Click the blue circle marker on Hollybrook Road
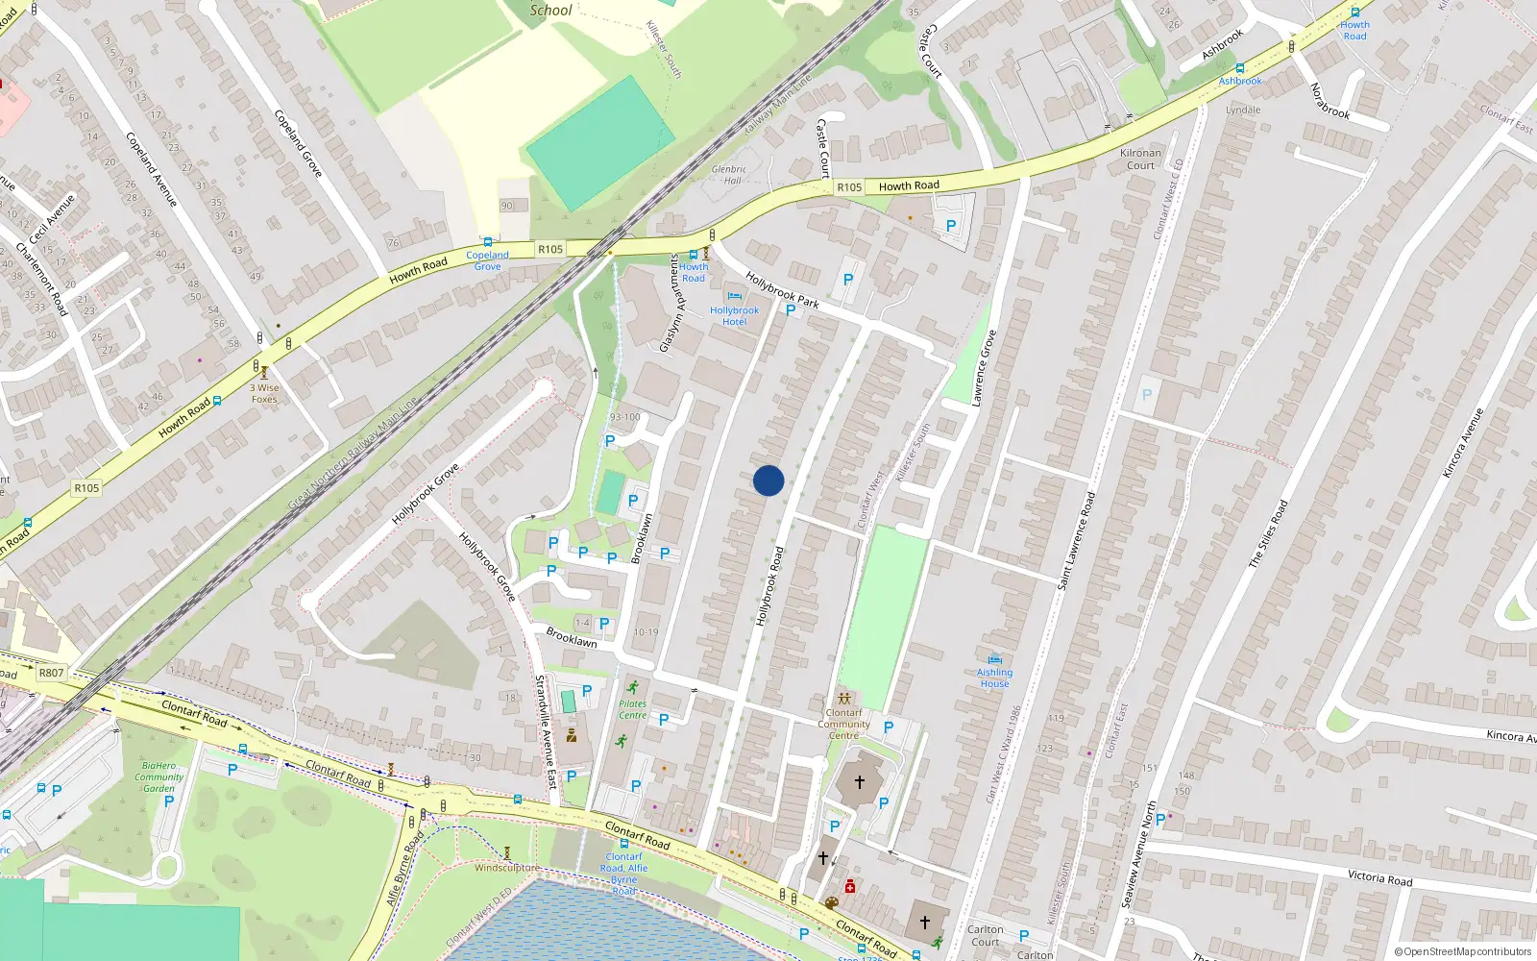pyautogui.click(x=768, y=480)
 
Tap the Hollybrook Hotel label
pyautogui.click(x=734, y=316)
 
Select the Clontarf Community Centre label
pyautogui.click(x=843, y=724)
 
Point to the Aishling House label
pyautogui.click(x=994, y=678)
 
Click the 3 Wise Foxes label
pyautogui.click(x=264, y=393)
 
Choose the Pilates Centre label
pyautogui.click(x=632, y=709)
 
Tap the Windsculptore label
pyautogui.click(x=506, y=868)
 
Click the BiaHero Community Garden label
pyautogui.click(x=159, y=776)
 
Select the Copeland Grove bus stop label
pyautogui.click(x=487, y=260)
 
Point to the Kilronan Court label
pyautogui.click(x=1140, y=159)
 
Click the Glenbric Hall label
pyautogui.click(x=729, y=174)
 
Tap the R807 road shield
pyautogui.click(x=51, y=673)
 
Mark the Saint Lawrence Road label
pyautogui.click(x=1076, y=541)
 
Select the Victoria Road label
pyautogui.click(x=1379, y=877)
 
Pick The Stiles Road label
pyautogui.click(x=1268, y=533)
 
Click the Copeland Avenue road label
pyautogui.click(x=152, y=169)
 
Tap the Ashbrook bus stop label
pyautogui.click(x=1240, y=81)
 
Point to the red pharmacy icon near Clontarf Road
pyautogui.click(x=850, y=886)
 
